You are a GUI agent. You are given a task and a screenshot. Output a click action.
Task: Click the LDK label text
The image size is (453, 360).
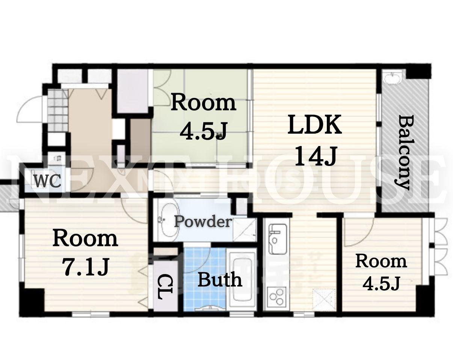coord(314,125)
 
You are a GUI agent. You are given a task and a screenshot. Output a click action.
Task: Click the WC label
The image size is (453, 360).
coord(48,181)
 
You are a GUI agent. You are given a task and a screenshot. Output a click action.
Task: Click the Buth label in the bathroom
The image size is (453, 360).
coord(220,279)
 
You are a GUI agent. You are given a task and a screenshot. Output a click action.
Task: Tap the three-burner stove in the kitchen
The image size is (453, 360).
coord(276,297)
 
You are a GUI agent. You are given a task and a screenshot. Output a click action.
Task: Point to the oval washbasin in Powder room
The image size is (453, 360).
coord(168,220)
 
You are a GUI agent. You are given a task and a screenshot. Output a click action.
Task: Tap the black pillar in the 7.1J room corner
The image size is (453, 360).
coord(32,303)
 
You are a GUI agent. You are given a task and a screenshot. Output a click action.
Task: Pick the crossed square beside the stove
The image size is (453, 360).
coord(324,299)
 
